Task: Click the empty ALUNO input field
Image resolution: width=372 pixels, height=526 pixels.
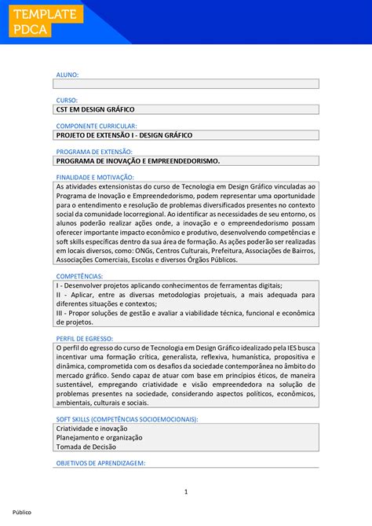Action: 186,83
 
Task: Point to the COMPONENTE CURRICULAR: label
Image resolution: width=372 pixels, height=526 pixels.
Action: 97,126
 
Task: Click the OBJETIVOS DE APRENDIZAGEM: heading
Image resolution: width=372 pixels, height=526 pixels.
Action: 101,463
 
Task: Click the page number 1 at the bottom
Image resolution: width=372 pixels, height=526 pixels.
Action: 186,492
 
